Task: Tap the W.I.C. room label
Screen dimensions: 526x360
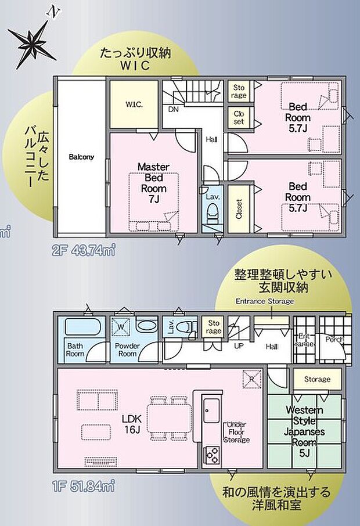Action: (x=134, y=105)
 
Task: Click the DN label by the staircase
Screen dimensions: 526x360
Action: (x=173, y=109)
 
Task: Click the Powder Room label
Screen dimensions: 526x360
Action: (x=127, y=349)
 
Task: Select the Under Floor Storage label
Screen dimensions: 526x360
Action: (x=237, y=432)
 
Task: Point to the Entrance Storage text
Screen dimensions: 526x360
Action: (x=264, y=301)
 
